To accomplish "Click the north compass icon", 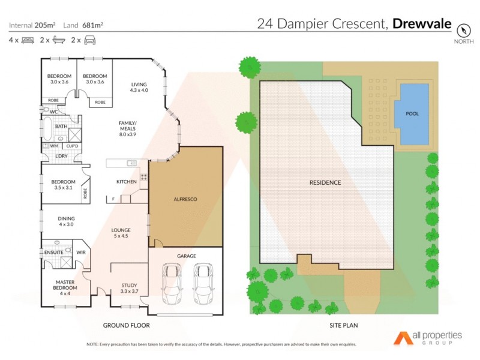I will (x=463, y=30).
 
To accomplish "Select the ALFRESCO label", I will (x=185, y=199).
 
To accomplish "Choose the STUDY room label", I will (x=130, y=288).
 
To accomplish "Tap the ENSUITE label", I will (x=53, y=253).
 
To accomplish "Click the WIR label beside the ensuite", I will (x=80, y=253).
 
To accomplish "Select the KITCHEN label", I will (x=127, y=181).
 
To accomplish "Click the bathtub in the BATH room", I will (x=47, y=127).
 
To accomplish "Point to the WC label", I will (x=53, y=112).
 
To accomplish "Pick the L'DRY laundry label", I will (x=61, y=156).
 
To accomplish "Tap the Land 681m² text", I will (x=83, y=25).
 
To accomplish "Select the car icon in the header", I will (x=90, y=40).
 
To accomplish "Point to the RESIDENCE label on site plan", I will (x=325, y=182).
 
